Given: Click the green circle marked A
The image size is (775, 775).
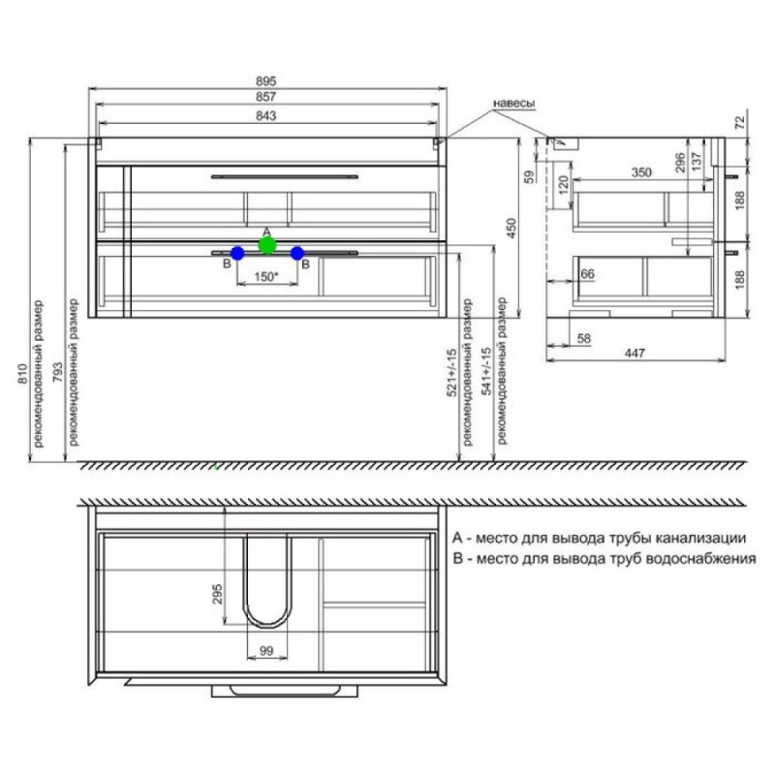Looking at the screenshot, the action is pyautogui.click(x=267, y=245).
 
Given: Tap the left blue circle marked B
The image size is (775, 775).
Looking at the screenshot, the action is pyautogui.click(x=237, y=254).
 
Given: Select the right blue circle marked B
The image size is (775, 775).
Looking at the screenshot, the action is pyautogui.click(x=297, y=254).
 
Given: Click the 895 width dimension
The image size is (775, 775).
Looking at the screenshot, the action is pyautogui.click(x=265, y=81).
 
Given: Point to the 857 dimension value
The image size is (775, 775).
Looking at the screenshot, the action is pyautogui.click(x=265, y=97).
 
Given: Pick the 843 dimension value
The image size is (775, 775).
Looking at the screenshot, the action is pyautogui.click(x=265, y=115).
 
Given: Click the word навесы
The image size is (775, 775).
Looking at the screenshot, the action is pyautogui.click(x=514, y=104).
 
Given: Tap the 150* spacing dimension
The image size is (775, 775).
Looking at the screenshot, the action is pyautogui.click(x=266, y=277).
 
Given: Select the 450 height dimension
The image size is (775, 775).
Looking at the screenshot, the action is pyautogui.click(x=511, y=228).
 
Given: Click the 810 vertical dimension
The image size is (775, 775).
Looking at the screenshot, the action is pyautogui.click(x=23, y=374).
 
